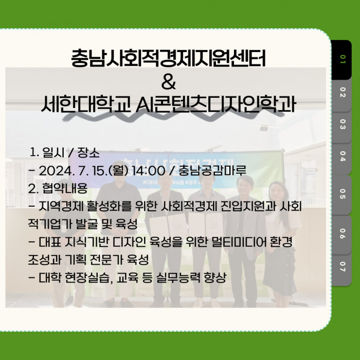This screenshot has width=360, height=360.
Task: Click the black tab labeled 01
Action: [341, 60]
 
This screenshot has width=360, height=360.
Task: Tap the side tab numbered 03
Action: [342, 127]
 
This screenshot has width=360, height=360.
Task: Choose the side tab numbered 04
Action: [342, 158]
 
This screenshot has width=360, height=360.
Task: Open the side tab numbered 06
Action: [342, 235]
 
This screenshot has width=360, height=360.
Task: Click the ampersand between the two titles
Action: [168, 82]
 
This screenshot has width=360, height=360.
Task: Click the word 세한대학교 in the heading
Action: [86, 104]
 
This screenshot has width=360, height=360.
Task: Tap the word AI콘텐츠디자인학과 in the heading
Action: [215, 104]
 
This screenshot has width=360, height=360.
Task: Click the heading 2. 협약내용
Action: [58, 189]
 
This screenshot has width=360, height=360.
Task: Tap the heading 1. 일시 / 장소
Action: [65, 153]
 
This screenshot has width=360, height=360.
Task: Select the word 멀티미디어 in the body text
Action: [237, 242]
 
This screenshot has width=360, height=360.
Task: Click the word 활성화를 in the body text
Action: [109, 206]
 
